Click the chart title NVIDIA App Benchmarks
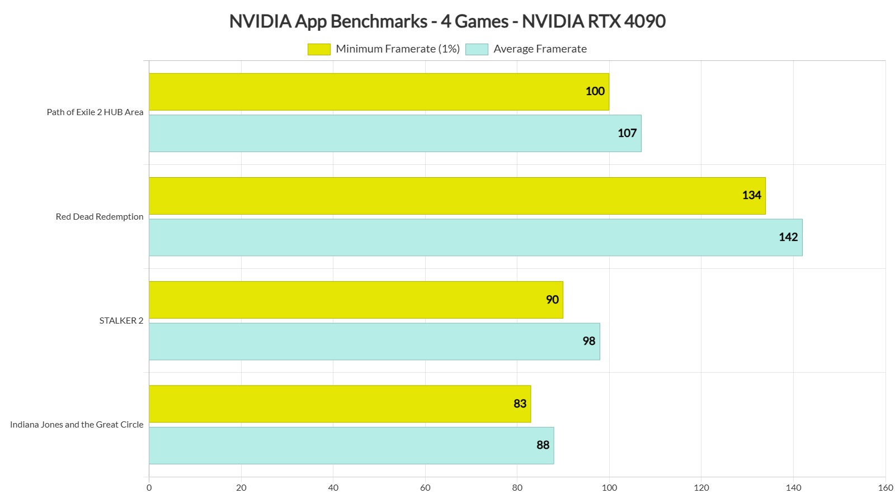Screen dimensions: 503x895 [x=447, y=21]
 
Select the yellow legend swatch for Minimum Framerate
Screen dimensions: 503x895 [x=319, y=49]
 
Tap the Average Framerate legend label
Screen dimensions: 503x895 [x=540, y=49]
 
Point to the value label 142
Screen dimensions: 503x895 [x=788, y=237]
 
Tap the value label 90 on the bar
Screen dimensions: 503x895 [x=552, y=300]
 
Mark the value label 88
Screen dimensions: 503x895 [x=543, y=445]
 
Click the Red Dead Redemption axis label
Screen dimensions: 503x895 [x=100, y=217]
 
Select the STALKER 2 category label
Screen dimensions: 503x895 [x=121, y=321]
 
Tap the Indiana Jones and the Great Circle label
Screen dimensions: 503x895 [x=77, y=425]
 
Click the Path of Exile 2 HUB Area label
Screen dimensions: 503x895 [x=95, y=112]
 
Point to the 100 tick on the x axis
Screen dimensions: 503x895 [x=609, y=487]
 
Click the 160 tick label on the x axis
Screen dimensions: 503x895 [x=885, y=487]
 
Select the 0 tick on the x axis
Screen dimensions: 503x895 [x=149, y=487]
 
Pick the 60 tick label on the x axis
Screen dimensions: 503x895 [x=425, y=487]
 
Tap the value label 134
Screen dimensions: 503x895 [x=751, y=195]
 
